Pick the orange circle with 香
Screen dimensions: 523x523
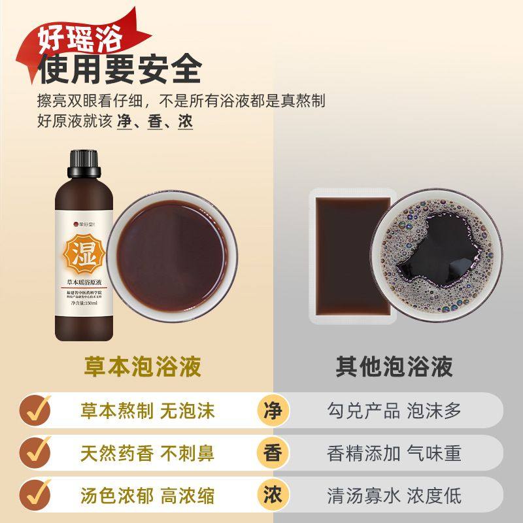click(x=272, y=453)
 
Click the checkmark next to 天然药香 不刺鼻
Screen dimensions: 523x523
click(x=34, y=453)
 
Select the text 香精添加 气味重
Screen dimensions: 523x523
click(x=394, y=453)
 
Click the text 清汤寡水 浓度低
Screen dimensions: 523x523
click(x=394, y=495)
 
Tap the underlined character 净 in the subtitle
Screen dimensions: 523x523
click(x=124, y=122)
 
